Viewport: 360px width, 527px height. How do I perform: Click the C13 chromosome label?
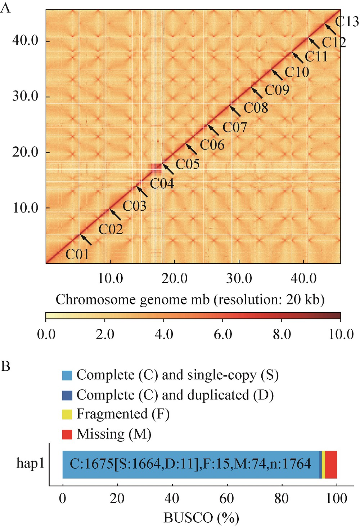coord(347,22)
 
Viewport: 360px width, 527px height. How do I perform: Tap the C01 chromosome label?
coord(77,255)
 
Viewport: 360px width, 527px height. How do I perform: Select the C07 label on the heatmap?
coord(235,127)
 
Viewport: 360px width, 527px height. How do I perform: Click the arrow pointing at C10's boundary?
coord(277,75)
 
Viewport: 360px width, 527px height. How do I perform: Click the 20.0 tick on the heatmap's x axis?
coord(175,278)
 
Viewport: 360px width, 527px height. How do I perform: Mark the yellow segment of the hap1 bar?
coord(324,464)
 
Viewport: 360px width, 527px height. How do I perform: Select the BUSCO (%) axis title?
coord(201,518)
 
